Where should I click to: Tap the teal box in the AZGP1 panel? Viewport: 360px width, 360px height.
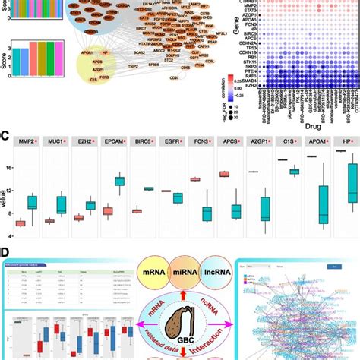(264, 207)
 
